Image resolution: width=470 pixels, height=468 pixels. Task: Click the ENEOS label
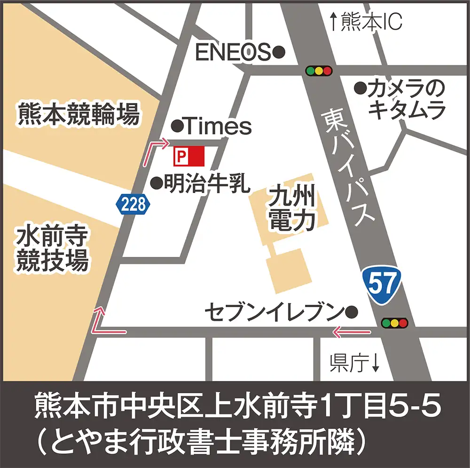pyautogui.click(x=233, y=52)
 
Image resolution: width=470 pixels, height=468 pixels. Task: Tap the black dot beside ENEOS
pyautogui.click(x=279, y=51)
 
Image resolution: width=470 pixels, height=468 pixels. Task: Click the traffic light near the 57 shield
pyautogui.click(x=394, y=323)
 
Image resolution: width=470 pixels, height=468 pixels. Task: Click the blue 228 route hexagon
pyautogui.click(x=133, y=204)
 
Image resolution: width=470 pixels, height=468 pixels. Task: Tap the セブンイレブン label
pyautogui.click(x=274, y=311)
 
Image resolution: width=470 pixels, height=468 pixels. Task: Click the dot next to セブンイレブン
pyautogui.click(x=352, y=311)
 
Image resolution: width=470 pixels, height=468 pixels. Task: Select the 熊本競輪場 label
pyautogui.click(x=78, y=114)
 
